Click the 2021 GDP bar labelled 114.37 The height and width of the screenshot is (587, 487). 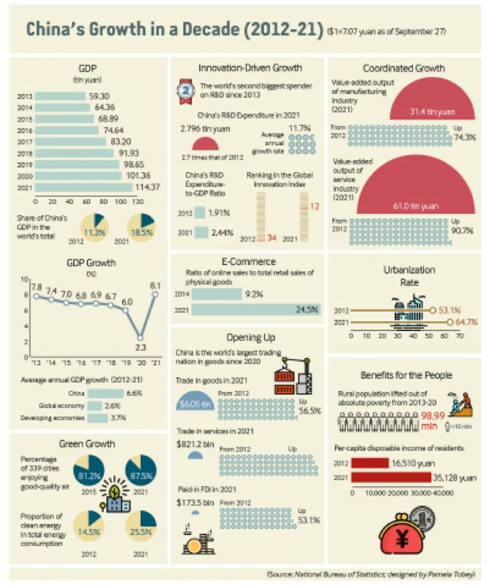click(84, 187)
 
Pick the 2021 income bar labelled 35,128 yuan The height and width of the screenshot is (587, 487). click(391, 477)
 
